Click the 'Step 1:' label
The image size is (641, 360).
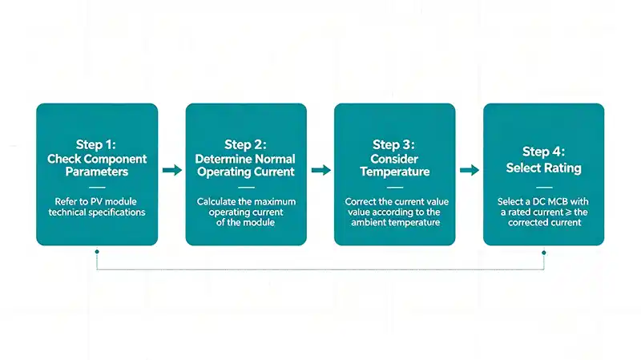tap(96, 144)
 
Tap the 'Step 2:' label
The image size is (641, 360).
tap(245, 144)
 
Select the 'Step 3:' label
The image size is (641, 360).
tap(394, 144)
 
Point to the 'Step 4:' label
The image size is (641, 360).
tap(543, 152)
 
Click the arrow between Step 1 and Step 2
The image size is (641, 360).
tap(171, 170)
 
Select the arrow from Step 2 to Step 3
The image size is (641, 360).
tap(320, 170)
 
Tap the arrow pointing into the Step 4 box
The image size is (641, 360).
tap(470, 170)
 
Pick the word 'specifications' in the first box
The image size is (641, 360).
tap(115, 212)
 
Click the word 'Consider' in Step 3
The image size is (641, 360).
tap(394, 159)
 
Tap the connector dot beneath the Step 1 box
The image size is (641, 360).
tap(96, 252)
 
